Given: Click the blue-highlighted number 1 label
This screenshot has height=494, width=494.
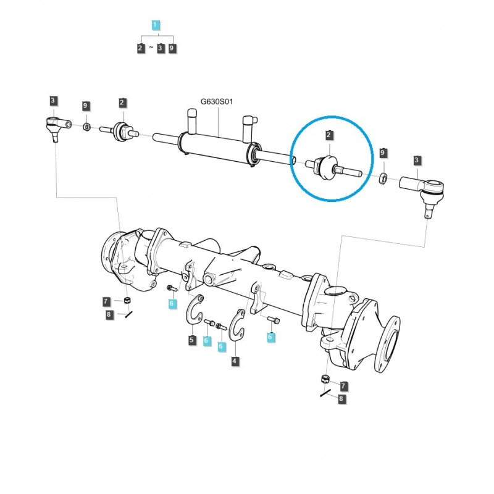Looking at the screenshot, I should (x=156, y=25).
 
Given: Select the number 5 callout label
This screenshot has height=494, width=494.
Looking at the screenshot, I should (x=192, y=340).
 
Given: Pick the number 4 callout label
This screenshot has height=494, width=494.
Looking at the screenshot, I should (x=235, y=361).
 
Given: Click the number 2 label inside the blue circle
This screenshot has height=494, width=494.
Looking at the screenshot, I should (x=329, y=135).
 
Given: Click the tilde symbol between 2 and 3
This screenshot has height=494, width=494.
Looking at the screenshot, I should (x=151, y=48).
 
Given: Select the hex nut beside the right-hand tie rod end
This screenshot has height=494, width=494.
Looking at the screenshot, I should (x=383, y=178).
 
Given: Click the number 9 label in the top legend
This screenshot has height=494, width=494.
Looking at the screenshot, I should (x=172, y=48).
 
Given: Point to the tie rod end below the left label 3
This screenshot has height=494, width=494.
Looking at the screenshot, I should (x=54, y=128).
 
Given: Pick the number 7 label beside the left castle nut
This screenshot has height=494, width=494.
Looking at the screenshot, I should (x=107, y=301).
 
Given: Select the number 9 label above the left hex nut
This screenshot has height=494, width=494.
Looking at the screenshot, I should (x=86, y=107).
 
